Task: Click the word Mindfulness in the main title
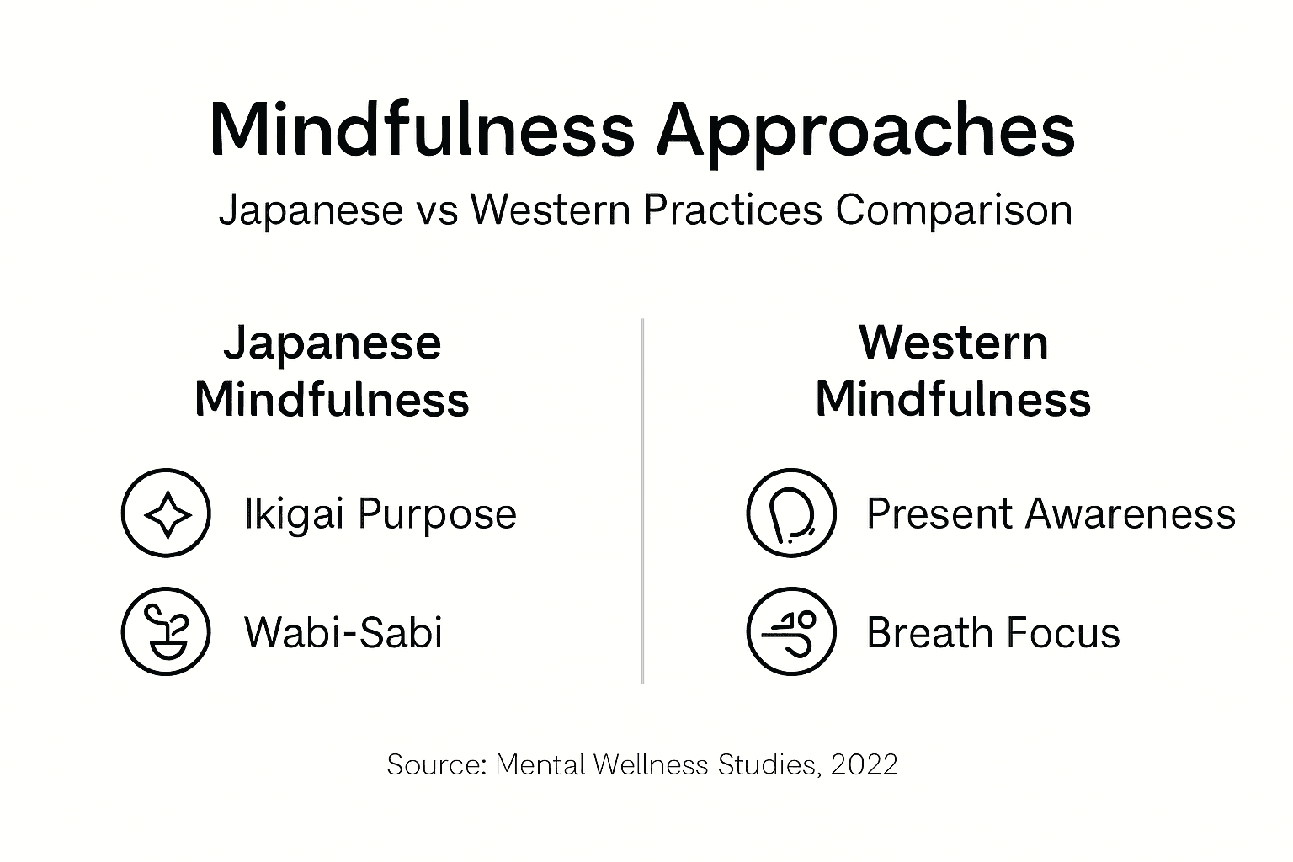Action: click(x=421, y=130)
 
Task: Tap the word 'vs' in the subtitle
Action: click(x=436, y=210)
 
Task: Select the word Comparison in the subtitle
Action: click(x=954, y=210)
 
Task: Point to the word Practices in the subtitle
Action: click(x=732, y=210)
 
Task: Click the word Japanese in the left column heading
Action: click(x=332, y=343)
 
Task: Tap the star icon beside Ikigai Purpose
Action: click(x=166, y=513)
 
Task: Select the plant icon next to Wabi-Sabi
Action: click(x=166, y=631)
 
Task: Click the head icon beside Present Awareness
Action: click(x=791, y=513)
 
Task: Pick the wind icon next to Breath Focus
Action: click(x=791, y=631)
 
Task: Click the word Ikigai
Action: click(x=294, y=514)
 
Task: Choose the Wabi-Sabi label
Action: click(x=343, y=632)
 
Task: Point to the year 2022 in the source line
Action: click(x=864, y=764)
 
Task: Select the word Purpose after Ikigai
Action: click(x=437, y=515)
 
